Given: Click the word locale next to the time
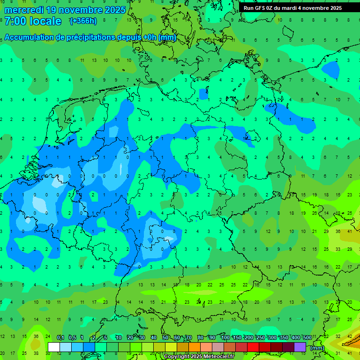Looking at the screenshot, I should coord(45,21).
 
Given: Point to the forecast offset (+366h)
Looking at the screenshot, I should coord(83,21).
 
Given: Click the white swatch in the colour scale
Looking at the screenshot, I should coord(54,347).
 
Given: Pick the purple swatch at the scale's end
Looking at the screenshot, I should coord(300,347).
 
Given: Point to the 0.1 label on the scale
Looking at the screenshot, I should coord(60,338).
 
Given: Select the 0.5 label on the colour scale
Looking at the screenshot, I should coord(72,338).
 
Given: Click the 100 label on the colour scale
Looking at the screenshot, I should coord(225,338).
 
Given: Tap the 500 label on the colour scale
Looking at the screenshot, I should coord(307,338).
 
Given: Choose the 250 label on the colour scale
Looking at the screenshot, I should coord(260,338).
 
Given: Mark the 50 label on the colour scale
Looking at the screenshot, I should coord(165,338).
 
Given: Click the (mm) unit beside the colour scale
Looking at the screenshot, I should coord(317,348).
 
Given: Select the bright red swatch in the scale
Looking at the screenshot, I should coord(253,347).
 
